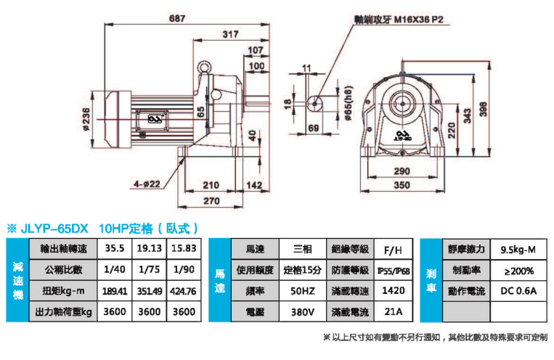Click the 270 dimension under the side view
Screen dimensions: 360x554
211,200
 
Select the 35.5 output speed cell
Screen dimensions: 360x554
115,248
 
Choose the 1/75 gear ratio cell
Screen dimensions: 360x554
150,270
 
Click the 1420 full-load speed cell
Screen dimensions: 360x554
393,291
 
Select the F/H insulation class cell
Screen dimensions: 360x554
393,249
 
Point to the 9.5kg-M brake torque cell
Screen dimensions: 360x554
518,249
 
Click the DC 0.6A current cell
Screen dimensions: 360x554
518,291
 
